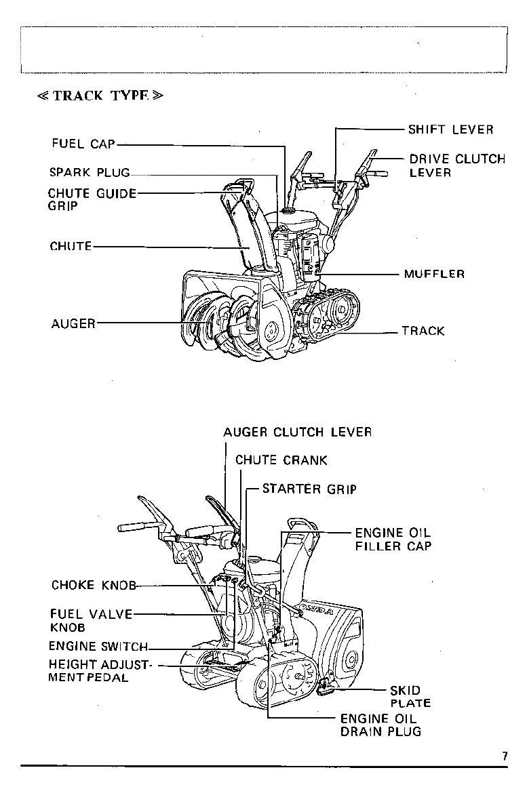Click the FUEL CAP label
coord(83,144)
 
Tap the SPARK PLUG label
coord(89,172)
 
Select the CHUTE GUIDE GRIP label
coord(92,199)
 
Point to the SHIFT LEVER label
coord(450,129)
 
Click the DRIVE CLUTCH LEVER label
coord(456,166)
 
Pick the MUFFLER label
coord(434,275)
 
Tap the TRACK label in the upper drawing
coord(423,331)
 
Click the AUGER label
coord(73,324)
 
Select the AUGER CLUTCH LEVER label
coord(297,432)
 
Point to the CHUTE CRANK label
coord(281,460)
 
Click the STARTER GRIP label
coord(309,489)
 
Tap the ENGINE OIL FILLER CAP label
coord(393,540)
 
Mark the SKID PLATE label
coord(410,697)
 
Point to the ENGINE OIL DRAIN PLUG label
coord(380,725)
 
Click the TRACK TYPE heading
coord(100,96)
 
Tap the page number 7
coord(505,756)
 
